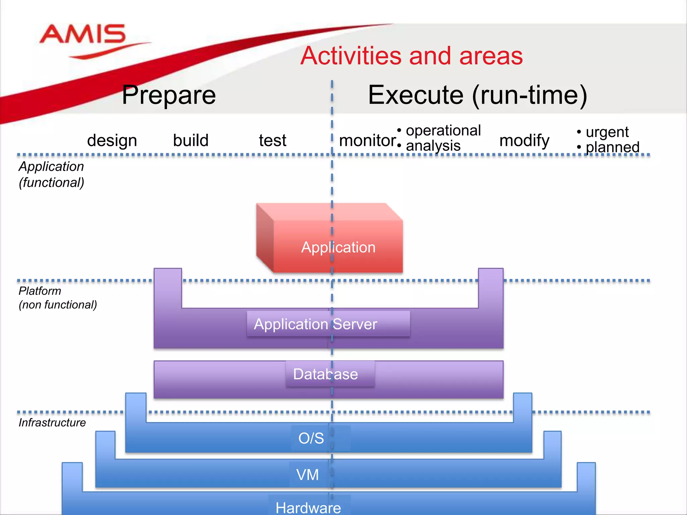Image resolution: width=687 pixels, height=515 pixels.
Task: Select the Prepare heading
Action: [169, 95]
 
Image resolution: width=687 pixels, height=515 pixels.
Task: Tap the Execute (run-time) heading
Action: [477, 95]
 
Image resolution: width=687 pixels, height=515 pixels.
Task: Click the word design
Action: [112, 140]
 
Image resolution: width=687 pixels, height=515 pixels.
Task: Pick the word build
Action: [191, 140]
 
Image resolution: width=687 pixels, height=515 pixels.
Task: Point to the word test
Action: [272, 140]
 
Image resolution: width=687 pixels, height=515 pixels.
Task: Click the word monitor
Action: [367, 140]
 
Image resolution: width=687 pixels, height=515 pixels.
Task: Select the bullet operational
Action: [443, 130]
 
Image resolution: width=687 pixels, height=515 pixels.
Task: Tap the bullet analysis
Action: [433, 146]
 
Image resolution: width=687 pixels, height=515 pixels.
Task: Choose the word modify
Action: [524, 140]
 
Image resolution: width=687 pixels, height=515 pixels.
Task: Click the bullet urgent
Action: [607, 132]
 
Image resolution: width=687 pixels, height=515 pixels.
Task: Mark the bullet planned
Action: [612, 147]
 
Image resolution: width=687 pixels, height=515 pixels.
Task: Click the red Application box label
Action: [338, 247]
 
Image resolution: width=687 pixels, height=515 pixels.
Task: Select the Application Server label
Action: [315, 324]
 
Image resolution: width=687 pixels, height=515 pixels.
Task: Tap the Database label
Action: [325, 374]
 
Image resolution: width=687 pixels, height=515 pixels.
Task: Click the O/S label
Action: [311, 438]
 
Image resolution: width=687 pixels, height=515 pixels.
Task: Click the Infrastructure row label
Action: [52, 423]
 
